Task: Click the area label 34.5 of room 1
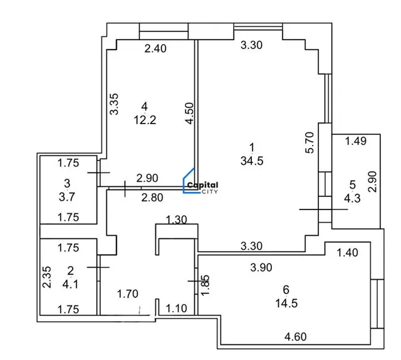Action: pyautogui.click(x=252, y=161)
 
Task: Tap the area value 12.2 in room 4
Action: pyautogui.click(x=145, y=120)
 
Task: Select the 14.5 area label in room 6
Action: pyautogui.click(x=286, y=304)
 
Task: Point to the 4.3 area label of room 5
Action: pyautogui.click(x=352, y=198)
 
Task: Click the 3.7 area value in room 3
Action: pyautogui.click(x=67, y=197)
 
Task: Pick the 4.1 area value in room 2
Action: pyautogui.click(x=70, y=284)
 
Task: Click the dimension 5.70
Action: pyautogui.click(x=310, y=142)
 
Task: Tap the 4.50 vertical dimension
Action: pyautogui.click(x=190, y=114)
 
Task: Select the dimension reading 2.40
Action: pyautogui.click(x=155, y=48)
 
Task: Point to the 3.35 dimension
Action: pyautogui.click(x=114, y=104)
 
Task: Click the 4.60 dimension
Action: pyautogui.click(x=295, y=337)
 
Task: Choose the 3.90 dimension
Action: pyautogui.click(x=261, y=268)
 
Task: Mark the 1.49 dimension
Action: pyautogui.click(x=356, y=141)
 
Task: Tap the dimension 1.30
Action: pyautogui.click(x=177, y=220)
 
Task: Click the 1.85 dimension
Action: pyautogui.click(x=206, y=285)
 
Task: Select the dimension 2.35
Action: pyautogui.click(x=47, y=277)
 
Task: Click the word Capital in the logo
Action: pyautogui.click(x=203, y=185)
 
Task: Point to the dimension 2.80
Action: pyautogui.click(x=152, y=198)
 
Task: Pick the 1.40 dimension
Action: pyautogui.click(x=347, y=253)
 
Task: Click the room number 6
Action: pyautogui.click(x=286, y=290)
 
